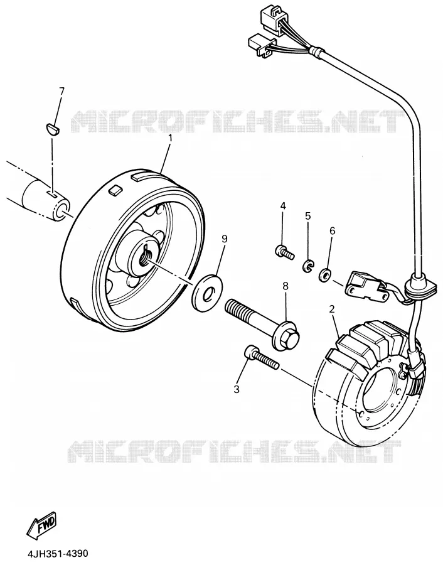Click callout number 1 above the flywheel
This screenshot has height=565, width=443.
(170, 138)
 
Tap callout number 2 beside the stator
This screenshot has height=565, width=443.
(332, 309)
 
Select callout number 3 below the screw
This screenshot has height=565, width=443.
(237, 389)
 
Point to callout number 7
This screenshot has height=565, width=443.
(61, 91)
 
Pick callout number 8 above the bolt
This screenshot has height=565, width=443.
(286, 286)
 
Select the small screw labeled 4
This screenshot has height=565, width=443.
(284, 252)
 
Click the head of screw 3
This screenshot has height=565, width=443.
(251, 352)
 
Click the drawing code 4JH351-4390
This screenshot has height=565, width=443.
(57, 553)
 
